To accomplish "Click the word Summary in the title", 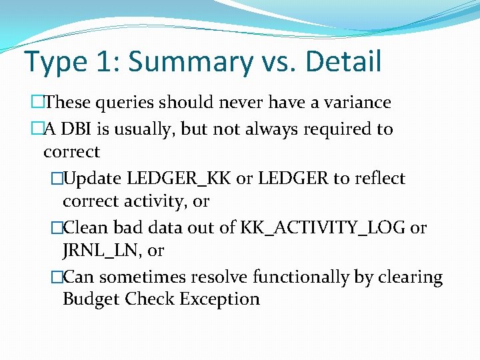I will (190, 61).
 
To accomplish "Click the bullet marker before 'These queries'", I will (36, 103).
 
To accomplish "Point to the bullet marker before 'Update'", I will (57, 179).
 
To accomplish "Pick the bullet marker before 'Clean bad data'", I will (57, 228).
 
